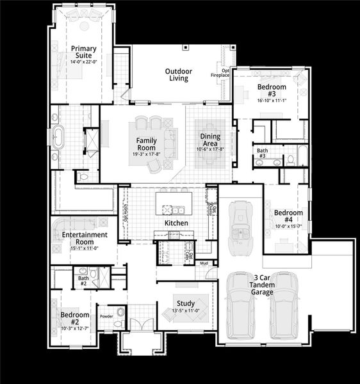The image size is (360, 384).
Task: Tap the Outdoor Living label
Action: pyautogui.click(x=177, y=75)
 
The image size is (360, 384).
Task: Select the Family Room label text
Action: pyautogui.click(x=147, y=143)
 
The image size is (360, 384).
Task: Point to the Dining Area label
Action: pyautogui.click(x=210, y=140)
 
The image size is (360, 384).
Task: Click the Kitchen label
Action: pyautogui.click(x=176, y=223)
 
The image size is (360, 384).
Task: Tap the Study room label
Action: pyautogui.click(x=186, y=304)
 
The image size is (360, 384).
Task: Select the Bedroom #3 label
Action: pyautogui.click(x=271, y=90)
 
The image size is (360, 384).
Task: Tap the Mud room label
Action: pyautogui.click(x=204, y=263)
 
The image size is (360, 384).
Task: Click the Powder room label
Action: pyautogui.click(x=105, y=316)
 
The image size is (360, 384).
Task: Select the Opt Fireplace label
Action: pyautogui.click(x=220, y=72)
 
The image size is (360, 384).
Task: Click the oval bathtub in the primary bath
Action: pyautogui.click(x=58, y=138)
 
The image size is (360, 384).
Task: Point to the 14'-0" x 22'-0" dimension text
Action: pyautogui.click(x=83, y=62)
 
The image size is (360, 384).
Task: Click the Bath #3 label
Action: pyautogui.click(x=261, y=153)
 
